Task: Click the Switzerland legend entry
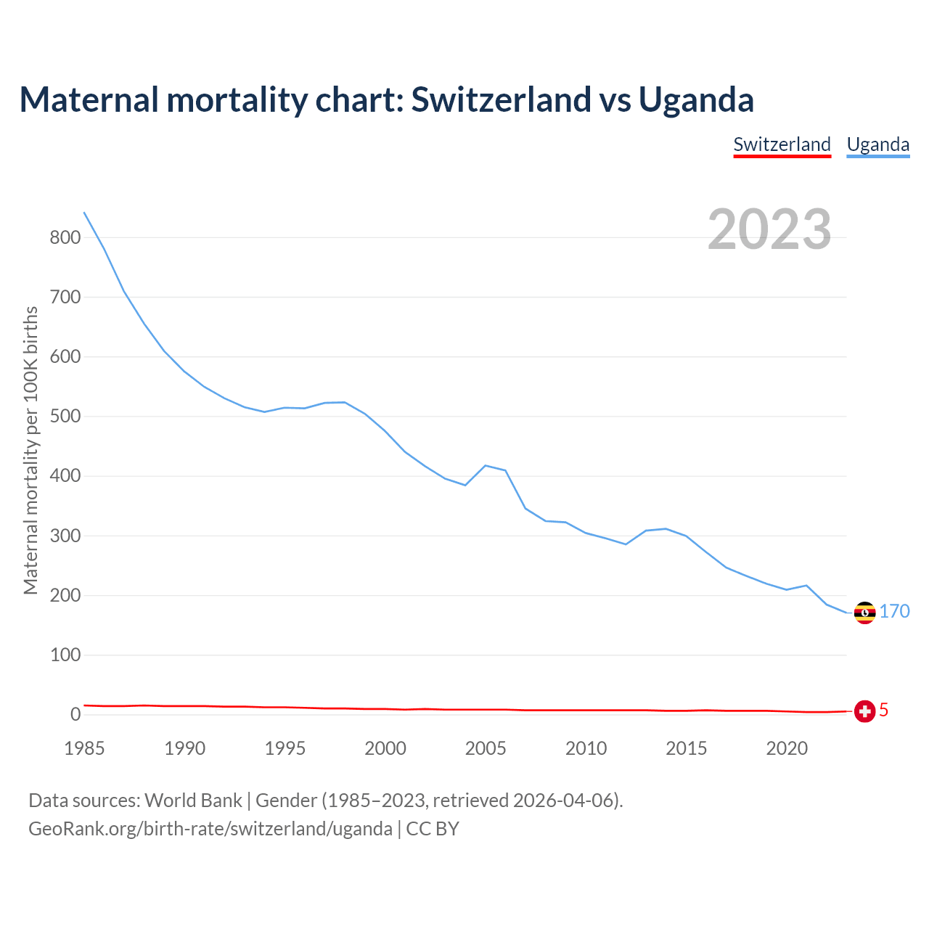click(x=782, y=144)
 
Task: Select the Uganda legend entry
click(x=878, y=144)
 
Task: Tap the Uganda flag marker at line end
click(x=864, y=613)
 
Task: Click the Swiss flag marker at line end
click(x=864, y=711)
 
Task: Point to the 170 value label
click(x=895, y=612)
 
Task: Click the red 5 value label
click(x=883, y=711)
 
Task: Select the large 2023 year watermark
click(x=769, y=229)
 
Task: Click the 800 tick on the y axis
click(x=65, y=238)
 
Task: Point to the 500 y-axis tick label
click(x=65, y=417)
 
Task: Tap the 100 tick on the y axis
click(x=65, y=655)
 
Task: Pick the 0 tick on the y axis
click(x=75, y=715)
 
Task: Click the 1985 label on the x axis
click(x=84, y=748)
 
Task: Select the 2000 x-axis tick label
click(x=385, y=748)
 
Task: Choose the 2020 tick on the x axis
click(x=787, y=748)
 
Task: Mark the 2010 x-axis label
click(x=586, y=748)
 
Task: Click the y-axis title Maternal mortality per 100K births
click(x=30, y=450)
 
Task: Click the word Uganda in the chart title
click(x=696, y=99)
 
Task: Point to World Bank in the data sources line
click(x=193, y=801)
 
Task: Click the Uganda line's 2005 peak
click(x=485, y=465)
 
